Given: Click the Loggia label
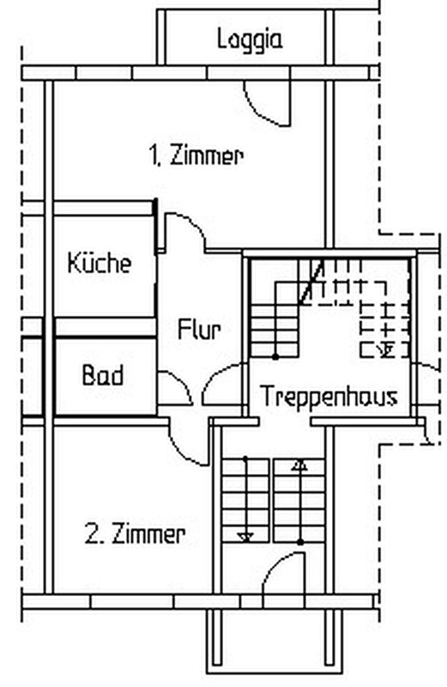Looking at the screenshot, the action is point(250,40).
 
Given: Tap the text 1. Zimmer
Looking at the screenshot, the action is point(196,156).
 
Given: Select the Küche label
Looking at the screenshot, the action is point(100,263).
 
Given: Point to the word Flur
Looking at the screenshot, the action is point(199,329).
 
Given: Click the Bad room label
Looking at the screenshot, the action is point(103,375).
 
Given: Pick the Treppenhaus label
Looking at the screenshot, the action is point(329,396).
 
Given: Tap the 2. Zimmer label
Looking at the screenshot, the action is point(135,534).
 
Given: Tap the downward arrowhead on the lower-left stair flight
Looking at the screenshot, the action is point(245,537).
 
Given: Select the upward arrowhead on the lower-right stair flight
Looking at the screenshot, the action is point(300,465).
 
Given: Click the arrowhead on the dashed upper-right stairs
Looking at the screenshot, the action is point(386,350).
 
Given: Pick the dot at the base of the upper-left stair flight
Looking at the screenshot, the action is point(275,357).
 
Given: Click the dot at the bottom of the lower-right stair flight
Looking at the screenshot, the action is point(300,542).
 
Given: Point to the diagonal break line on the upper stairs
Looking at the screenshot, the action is point(311,283).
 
